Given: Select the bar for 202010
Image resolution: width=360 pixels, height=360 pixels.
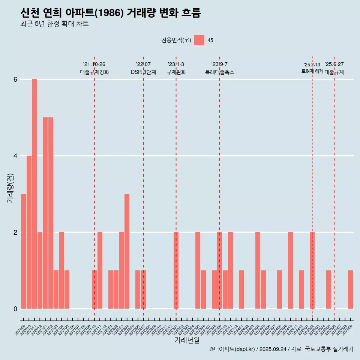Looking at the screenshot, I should pyautogui.click(x=29, y=232).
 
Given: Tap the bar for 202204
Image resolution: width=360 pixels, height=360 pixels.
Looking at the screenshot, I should pyautogui.click(x=127, y=251).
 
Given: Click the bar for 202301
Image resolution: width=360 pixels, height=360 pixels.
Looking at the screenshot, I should pyautogui.click(x=176, y=270).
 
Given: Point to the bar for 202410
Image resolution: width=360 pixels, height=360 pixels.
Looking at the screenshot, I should pyautogui.click(x=290, y=270).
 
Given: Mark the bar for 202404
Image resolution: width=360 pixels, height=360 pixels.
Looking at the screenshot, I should pyautogui.click(x=258, y=270).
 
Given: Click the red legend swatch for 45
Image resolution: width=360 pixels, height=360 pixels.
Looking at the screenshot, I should pyautogui.click(x=199, y=40).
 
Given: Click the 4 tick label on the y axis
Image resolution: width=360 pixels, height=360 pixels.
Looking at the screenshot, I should pyautogui.click(x=15, y=156).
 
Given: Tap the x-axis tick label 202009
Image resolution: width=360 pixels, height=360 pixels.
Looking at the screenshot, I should pyautogui.click(x=20, y=330).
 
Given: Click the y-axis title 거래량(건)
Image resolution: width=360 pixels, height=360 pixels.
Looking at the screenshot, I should pyautogui.click(x=10, y=187).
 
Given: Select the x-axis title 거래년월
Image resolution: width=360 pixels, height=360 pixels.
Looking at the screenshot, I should pyautogui.click(x=187, y=340).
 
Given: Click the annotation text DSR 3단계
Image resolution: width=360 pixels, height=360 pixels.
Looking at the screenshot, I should pyautogui.click(x=143, y=72).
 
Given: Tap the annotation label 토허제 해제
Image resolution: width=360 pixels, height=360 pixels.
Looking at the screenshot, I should pyautogui.click(x=312, y=71).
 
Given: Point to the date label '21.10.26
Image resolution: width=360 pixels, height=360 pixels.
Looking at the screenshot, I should pyautogui.click(x=94, y=64).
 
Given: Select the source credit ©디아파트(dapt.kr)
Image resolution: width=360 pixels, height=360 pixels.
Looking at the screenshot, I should pyautogui.click(x=232, y=349).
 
